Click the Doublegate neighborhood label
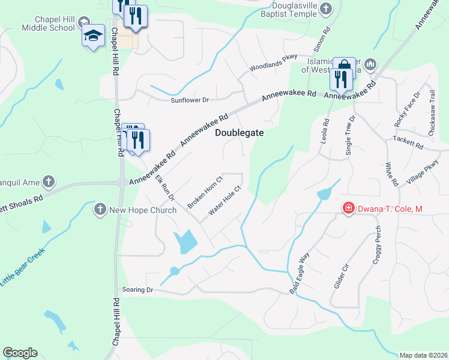240,134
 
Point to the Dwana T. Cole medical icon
348,209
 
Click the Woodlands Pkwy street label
274,61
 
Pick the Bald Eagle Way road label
300,273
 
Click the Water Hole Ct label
224,201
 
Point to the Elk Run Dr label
164,188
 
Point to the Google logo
20,353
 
